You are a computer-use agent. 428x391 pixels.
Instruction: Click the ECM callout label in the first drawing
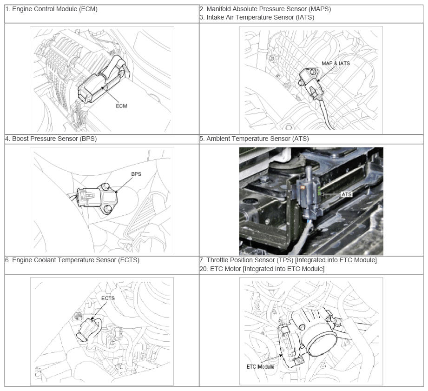coord(121,106)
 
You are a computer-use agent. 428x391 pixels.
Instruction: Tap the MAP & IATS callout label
coord(336,63)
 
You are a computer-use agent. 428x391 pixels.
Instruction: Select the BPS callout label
coord(136,174)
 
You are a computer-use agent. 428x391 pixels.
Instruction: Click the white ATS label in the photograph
coord(346,194)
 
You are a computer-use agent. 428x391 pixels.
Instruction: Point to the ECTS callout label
coord(108,298)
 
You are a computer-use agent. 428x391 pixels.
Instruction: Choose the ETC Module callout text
coord(260,367)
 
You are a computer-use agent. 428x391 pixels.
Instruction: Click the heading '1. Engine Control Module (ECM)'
coord(51,9)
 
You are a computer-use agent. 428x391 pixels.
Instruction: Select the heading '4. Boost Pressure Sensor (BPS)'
coord(51,139)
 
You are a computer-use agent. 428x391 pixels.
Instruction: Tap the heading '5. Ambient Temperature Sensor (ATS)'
coord(254,139)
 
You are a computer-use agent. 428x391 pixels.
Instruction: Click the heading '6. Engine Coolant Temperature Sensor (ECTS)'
coord(72,260)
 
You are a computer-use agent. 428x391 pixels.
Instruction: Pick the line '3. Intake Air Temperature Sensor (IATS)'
coord(257,18)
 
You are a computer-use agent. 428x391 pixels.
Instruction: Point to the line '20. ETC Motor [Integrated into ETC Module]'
coord(262,269)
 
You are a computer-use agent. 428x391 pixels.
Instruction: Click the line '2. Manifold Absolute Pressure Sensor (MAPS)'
coord(265,9)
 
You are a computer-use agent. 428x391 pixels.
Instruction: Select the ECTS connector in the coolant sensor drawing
coord(87,329)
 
